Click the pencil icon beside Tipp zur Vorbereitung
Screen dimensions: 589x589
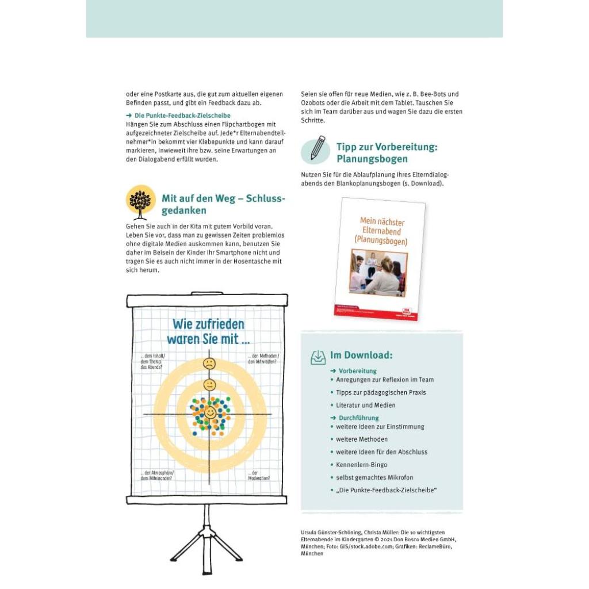[x=316, y=148]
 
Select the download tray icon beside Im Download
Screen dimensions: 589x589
[x=318, y=357]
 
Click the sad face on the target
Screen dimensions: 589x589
[x=209, y=364]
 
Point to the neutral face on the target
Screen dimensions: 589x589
[x=209, y=384]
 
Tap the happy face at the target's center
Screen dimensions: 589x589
[x=210, y=412]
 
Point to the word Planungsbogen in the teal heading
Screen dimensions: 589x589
[x=372, y=159]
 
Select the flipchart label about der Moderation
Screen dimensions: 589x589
[x=259, y=476]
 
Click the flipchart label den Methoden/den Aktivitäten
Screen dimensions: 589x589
[x=263, y=359]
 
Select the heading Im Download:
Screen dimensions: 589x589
[x=361, y=355]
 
